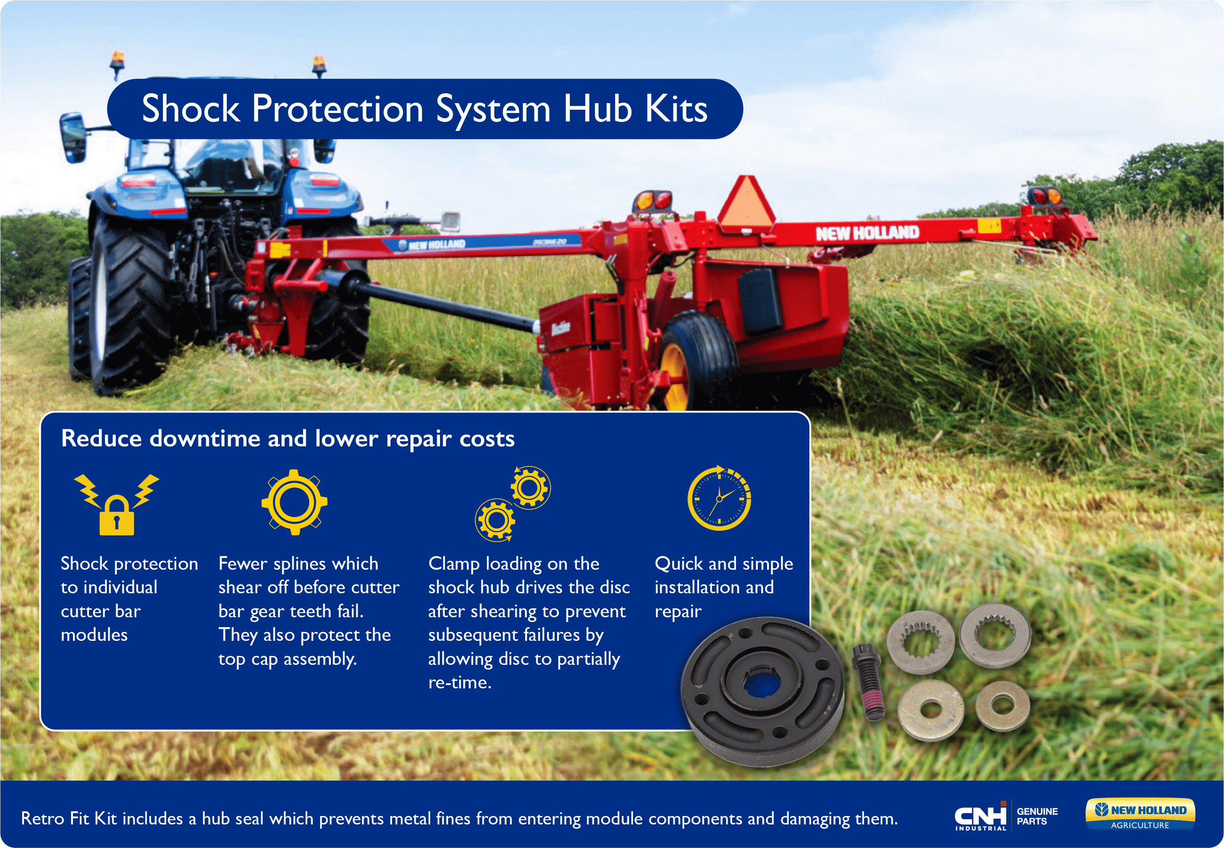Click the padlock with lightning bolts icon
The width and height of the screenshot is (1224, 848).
pyautogui.click(x=116, y=504)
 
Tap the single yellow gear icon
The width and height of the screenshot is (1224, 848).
pyautogui.click(x=294, y=502)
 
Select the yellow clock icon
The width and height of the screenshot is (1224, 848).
pyautogui.click(x=720, y=498)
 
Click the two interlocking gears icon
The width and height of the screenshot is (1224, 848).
pyautogui.click(x=513, y=504)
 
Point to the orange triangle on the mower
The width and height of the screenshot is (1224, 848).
pyautogui.click(x=747, y=203)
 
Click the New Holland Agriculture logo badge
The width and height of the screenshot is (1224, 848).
pyautogui.click(x=1140, y=815)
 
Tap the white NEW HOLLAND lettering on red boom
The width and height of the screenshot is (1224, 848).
pyautogui.click(x=867, y=233)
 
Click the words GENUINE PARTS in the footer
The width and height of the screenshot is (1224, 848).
pyautogui.click(x=1037, y=816)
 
